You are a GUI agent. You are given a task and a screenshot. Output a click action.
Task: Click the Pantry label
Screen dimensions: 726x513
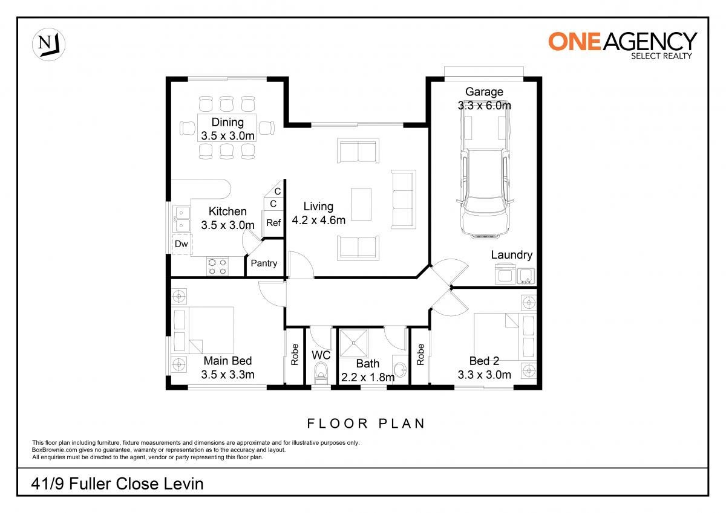pyautogui.click(x=264, y=263)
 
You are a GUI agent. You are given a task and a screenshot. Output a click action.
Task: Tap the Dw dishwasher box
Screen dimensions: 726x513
pyautogui.click(x=181, y=244)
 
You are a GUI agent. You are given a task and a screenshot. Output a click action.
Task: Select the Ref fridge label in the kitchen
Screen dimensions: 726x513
pyautogui.click(x=273, y=223)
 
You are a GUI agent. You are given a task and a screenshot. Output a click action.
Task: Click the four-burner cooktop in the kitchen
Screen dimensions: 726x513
pyautogui.click(x=217, y=266)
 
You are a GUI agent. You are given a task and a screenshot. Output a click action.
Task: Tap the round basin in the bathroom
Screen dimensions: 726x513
pyautogui.click(x=401, y=370)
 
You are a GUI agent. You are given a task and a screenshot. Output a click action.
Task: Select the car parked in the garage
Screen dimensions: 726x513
pyautogui.click(x=485, y=176)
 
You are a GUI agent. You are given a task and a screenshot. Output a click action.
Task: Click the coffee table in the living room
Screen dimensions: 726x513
pyautogui.click(x=361, y=205)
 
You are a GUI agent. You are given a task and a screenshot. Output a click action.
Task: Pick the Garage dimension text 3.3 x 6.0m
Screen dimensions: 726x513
pyautogui.click(x=484, y=106)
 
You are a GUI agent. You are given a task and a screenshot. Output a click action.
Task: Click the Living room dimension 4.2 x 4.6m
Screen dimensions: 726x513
pyautogui.click(x=319, y=221)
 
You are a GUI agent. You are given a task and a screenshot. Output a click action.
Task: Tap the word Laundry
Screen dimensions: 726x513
pyautogui.click(x=511, y=255)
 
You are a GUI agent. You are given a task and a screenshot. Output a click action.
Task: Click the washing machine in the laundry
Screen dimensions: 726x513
pyautogui.click(x=505, y=274)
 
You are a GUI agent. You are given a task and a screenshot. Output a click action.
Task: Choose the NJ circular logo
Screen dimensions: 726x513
pyautogui.click(x=48, y=44)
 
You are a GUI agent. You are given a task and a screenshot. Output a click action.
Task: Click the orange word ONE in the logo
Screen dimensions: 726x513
pyautogui.click(x=575, y=42)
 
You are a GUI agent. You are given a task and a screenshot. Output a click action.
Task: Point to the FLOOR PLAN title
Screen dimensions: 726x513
pyautogui.click(x=366, y=424)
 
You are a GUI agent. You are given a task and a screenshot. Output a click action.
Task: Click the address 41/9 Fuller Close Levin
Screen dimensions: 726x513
pyautogui.click(x=117, y=484)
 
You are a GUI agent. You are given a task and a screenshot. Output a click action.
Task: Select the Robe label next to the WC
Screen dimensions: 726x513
pyautogui.click(x=295, y=355)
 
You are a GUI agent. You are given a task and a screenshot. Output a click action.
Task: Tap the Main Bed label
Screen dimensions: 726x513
pyautogui.click(x=227, y=361)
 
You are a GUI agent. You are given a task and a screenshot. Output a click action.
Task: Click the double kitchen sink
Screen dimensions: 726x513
pyautogui.click(x=181, y=219)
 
